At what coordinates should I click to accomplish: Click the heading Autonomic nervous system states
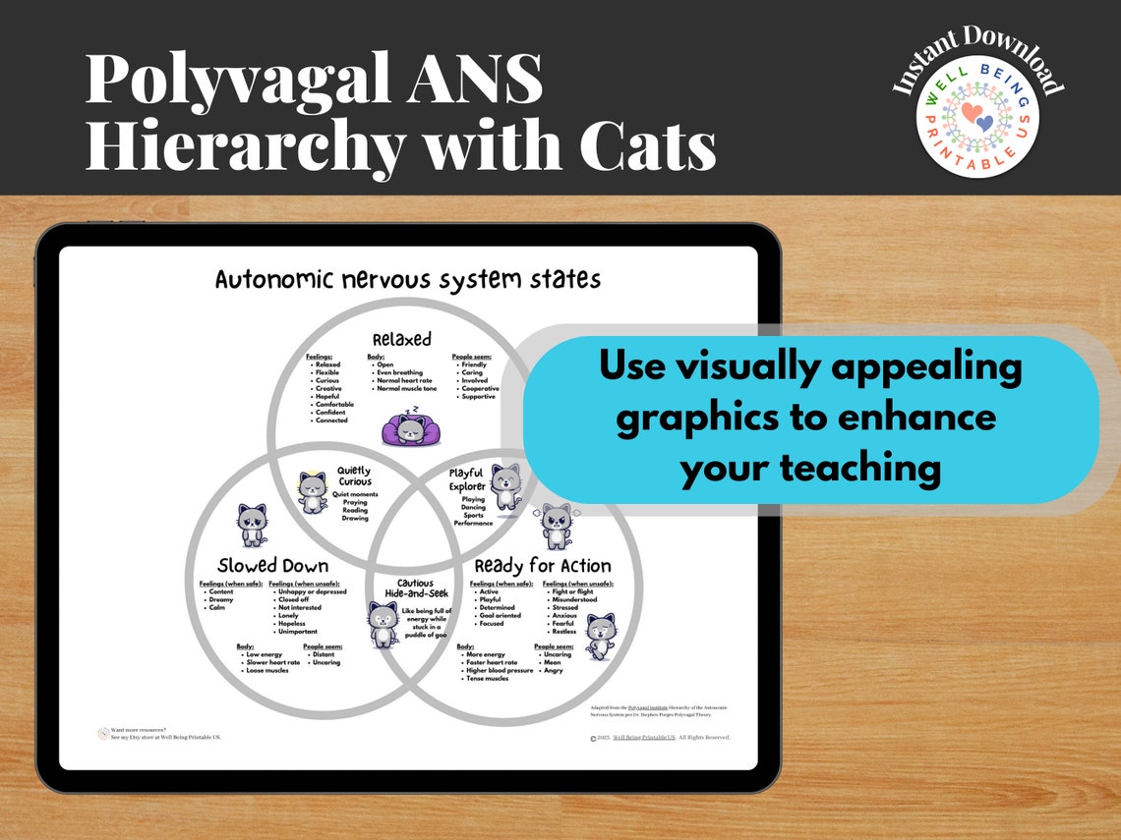coord(407,279)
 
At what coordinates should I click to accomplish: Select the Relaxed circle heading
coord(401,339)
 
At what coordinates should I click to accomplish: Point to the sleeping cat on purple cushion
coord(410,429)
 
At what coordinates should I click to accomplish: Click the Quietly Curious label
coord(354,476)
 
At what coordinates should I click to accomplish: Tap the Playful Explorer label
coord(466,479)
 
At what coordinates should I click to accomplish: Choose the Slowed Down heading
coord(272,566)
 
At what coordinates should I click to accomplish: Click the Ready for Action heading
coord(542,566)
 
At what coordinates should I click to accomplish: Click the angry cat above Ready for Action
coord(557,526)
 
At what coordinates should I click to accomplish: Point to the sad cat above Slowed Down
coord(252,525)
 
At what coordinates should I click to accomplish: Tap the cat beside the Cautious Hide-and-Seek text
coord(383,625)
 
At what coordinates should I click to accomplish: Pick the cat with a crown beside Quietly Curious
coord(312,491)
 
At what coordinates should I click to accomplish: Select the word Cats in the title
coord(646,143)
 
